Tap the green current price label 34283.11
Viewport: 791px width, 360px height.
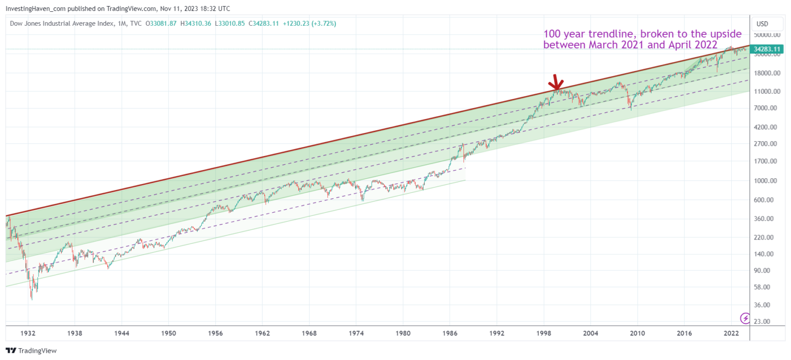767,49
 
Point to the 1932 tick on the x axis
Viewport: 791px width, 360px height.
28,334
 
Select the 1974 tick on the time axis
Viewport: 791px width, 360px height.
356,334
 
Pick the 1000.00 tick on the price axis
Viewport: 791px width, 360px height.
766,181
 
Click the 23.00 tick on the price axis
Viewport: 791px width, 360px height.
764,321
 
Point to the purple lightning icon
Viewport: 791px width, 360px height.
745,317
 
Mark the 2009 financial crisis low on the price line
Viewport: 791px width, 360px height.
630,108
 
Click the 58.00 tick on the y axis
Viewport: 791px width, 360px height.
764,287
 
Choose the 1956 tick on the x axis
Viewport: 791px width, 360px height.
215,334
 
